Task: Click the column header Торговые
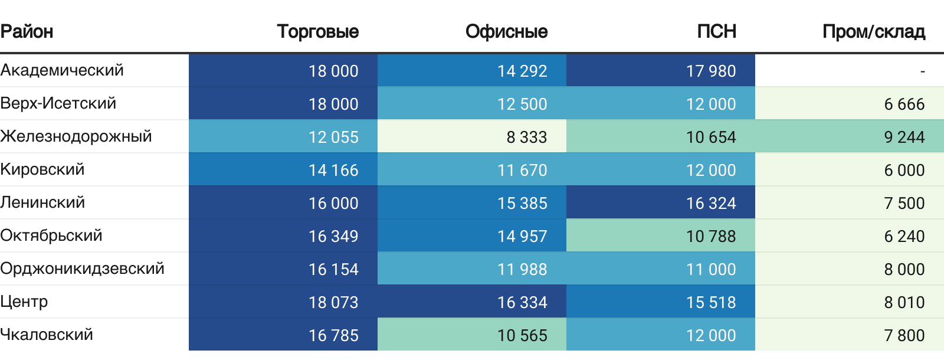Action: click(x=318, y=32)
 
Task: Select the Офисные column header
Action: click(x=507, y=32)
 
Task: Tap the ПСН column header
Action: click(x=716, y=32)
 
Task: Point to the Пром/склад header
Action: click(x=874, y=32)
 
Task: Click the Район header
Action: click(x=27, y=32)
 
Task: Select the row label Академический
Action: click(x=62, y=70)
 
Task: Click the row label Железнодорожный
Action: click(x=76, y=136)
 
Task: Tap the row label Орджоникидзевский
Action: click(x=82, y=269)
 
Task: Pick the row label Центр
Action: click(x=24, y=302)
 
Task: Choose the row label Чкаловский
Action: click(x=47, y=335)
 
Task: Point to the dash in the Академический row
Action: click(x=923, y=71)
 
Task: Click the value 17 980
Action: click(x=711, y=71)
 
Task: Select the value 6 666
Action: click(x=904, y=104)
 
